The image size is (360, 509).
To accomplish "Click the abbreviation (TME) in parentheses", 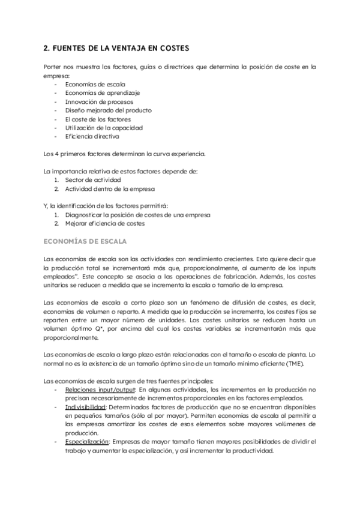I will tap(293, 364).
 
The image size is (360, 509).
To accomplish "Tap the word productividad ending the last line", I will tap(253, 451).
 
